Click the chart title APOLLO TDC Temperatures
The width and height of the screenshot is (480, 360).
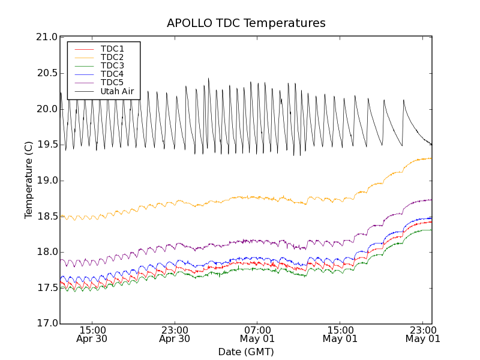(x=246, y=23)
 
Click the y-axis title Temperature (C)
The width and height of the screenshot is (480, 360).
(x=29, y=180)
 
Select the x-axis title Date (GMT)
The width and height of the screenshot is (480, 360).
(x=246, y=352)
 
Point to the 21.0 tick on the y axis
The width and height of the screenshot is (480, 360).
(x=46, y=37)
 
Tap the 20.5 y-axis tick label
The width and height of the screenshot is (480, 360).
(x=46, y=73)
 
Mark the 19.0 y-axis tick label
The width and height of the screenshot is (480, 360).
(x=46, y=181)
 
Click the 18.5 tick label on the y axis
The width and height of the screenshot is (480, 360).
(x=46, y=216)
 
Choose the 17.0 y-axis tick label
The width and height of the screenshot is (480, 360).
(x=46, y=323)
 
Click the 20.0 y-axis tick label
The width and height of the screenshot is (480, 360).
(x=46, y=109)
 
